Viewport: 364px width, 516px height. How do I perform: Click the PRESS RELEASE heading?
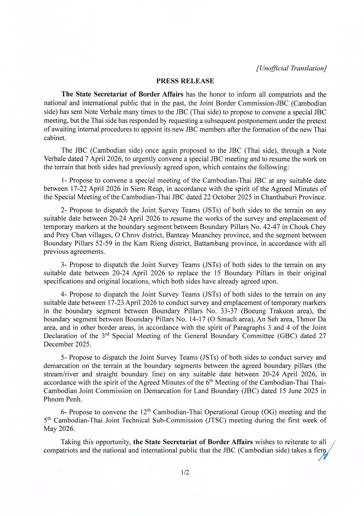[185, 81]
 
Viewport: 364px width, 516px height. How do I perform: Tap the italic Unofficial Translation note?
[291, 68]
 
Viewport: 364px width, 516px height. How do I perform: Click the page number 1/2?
[185, 473]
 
